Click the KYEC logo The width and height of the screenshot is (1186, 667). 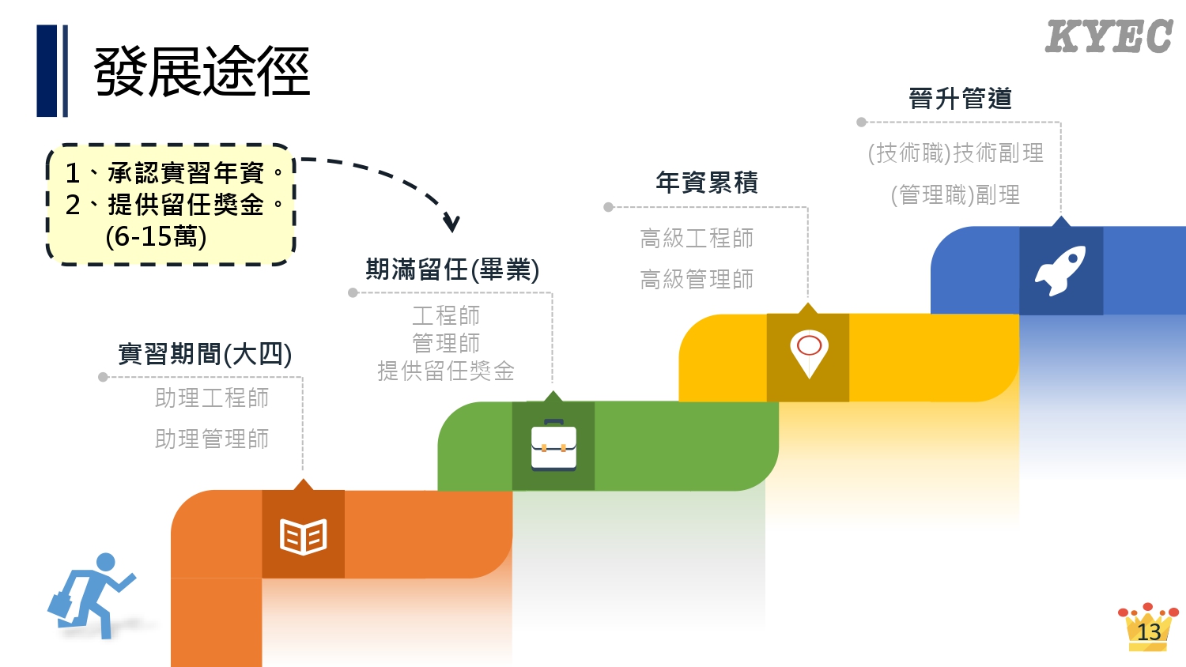pos(1109,37)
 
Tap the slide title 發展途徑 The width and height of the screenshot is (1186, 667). pos(202,72)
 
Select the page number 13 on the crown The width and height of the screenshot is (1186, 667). pos(1148,631)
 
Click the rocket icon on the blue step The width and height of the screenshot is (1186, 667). pos(1060,270)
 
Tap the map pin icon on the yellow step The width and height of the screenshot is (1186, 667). pos(809,352)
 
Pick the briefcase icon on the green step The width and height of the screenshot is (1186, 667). pos(553,445)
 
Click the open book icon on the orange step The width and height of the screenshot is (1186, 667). pos(304,537)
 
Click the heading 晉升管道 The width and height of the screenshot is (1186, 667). pos(961,99)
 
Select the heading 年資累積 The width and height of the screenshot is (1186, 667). pos(707,183)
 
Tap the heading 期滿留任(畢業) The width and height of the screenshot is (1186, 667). pos(452,270)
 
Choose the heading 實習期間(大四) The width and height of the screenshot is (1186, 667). pos(205,354)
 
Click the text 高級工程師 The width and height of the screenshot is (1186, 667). pos(697,238)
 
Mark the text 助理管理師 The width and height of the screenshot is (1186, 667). pos(212,439)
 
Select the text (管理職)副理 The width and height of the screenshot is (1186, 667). pos(955,194)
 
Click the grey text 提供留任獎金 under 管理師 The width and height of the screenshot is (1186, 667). pos(446,371)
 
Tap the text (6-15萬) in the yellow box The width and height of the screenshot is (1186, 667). pos(156,236)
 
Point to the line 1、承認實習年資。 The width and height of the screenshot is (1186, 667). pos(174,172)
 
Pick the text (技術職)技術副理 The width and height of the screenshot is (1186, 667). pos(955,153)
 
